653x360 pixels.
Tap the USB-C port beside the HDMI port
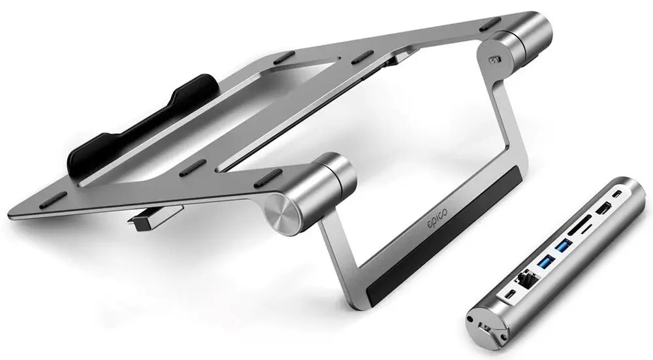(618, 194)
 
